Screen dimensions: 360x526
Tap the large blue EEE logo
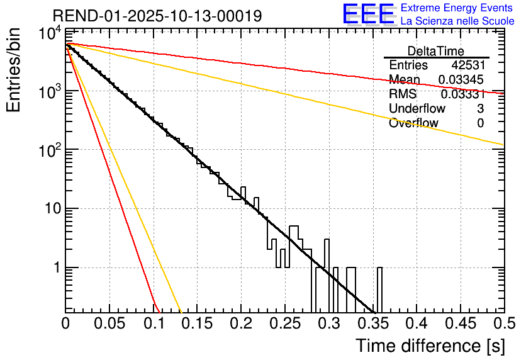click(x=368, y=14)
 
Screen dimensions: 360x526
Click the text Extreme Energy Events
click(x=457, y=9)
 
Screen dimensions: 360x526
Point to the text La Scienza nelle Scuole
click(x=457, y=21)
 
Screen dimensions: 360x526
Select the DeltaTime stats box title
click(x=436, y=51)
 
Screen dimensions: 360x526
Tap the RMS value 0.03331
click(x=462, y=94)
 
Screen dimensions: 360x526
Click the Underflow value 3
click(x=480, y=109)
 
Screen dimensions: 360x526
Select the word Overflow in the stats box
click(x=413, y=123)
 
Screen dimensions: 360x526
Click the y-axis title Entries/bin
click(x=14, y=70)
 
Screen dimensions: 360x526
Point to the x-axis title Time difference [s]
click(x=430, y=346)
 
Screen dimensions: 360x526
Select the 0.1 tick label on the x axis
click(x=153, y=323)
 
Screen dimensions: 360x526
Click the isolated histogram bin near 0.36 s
click(x=379, y=290)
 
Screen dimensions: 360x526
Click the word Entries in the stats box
click(x=408, y=65)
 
